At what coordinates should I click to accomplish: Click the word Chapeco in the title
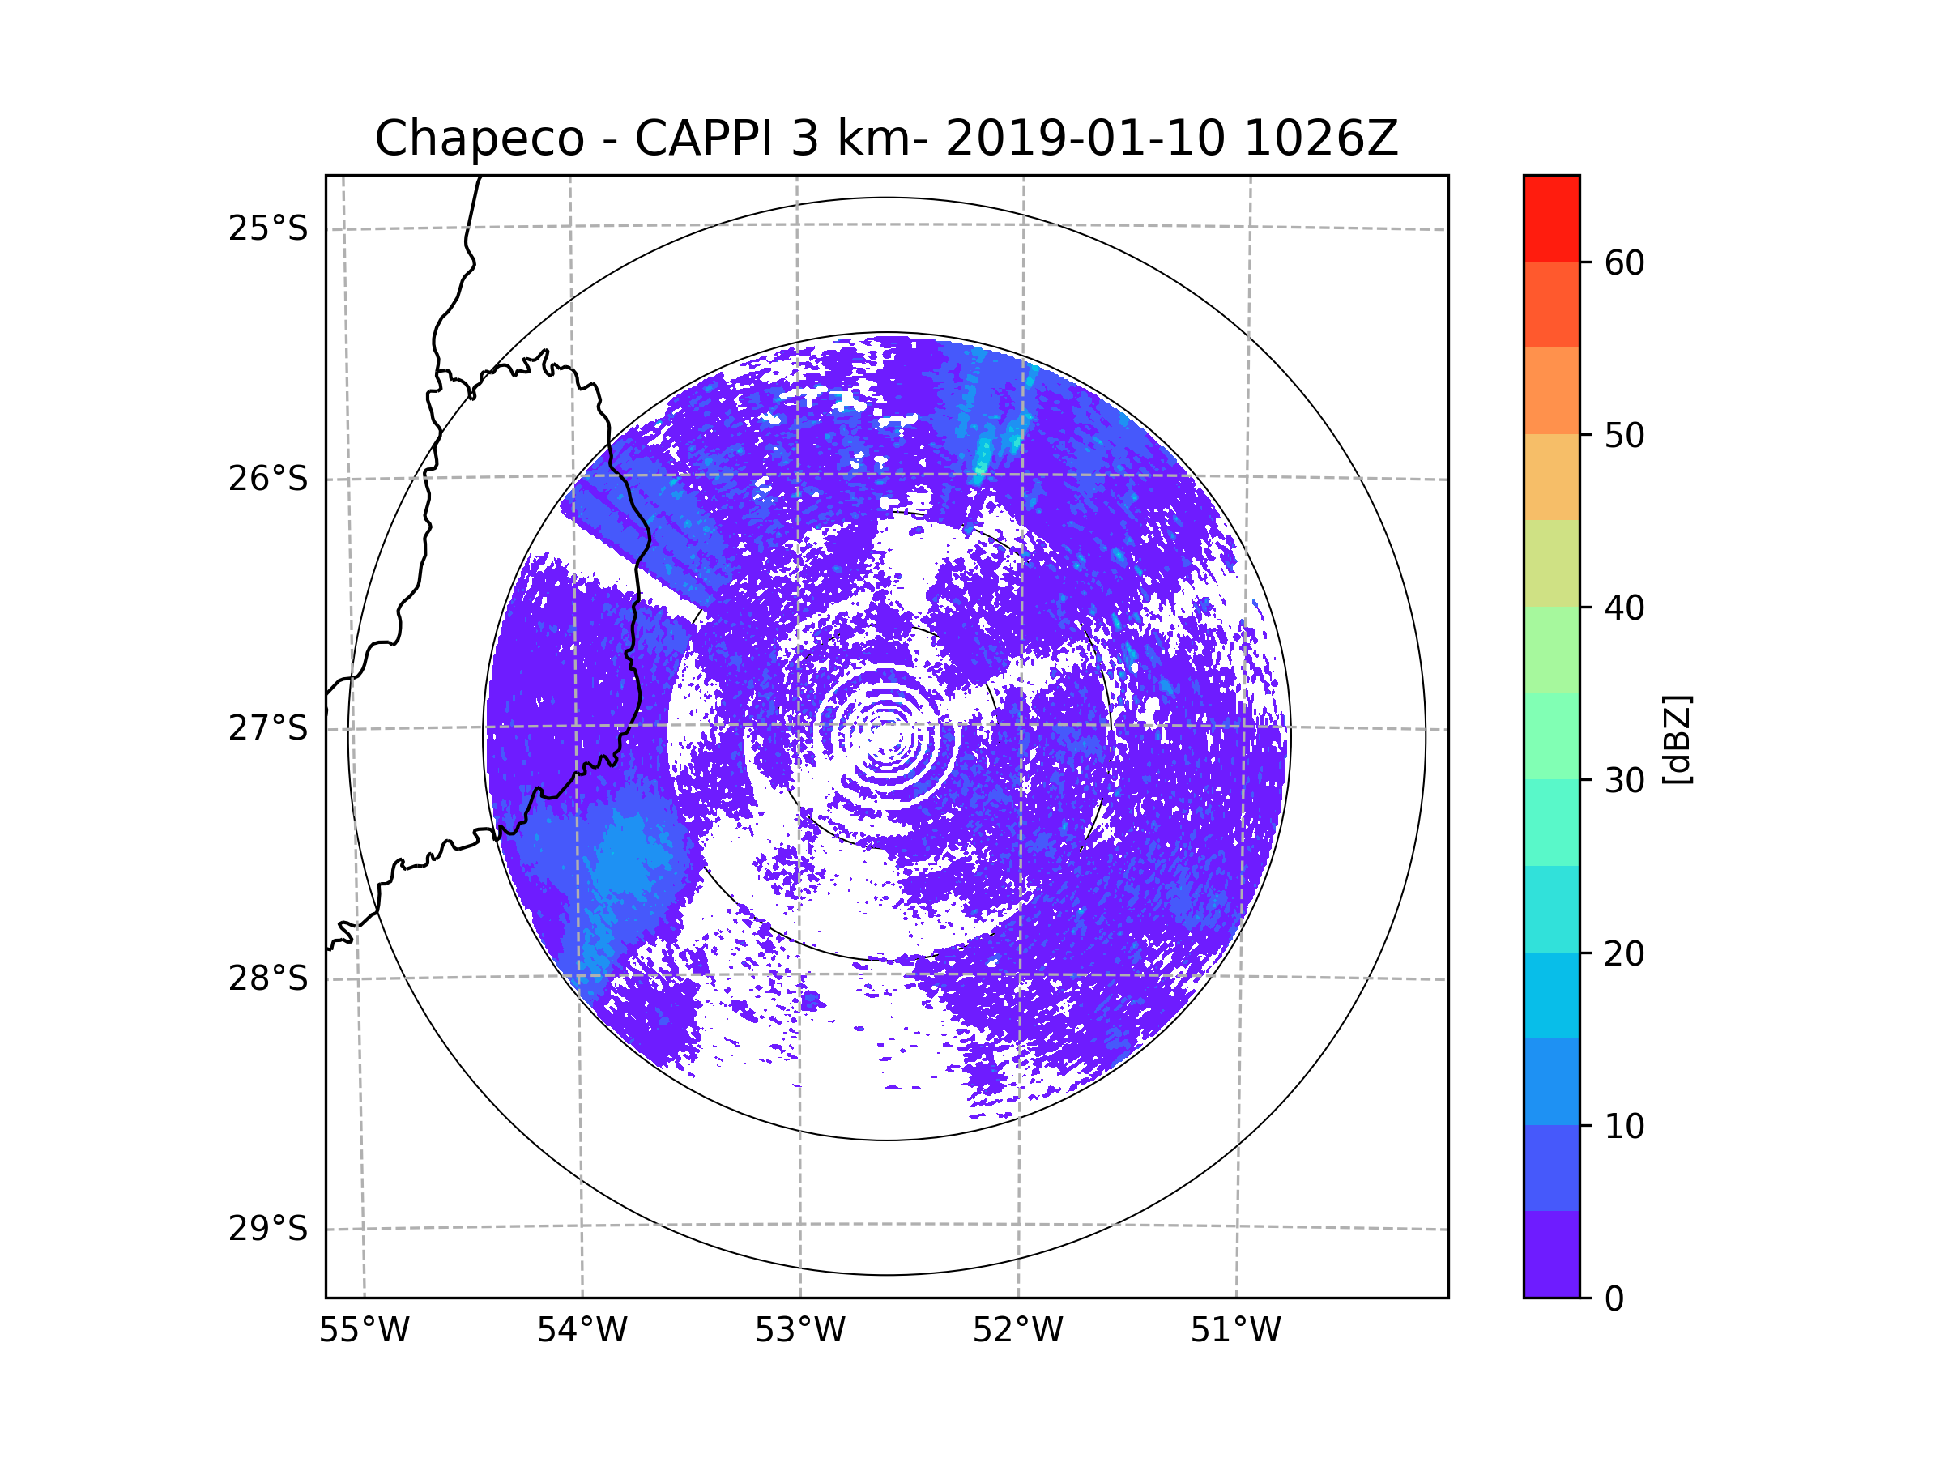480,139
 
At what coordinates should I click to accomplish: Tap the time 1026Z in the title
1321,139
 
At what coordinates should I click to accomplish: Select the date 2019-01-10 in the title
1085,139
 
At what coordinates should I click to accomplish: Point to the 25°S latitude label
268,228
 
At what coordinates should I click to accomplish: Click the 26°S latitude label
268,479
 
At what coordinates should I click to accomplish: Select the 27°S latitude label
268,728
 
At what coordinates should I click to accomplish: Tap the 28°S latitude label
268,978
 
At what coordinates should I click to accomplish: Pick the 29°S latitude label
268,1229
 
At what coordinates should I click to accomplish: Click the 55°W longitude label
364,1331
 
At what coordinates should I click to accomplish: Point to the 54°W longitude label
582,1331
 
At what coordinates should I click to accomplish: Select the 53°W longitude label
799,1331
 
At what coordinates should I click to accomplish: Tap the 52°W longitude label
1017,1331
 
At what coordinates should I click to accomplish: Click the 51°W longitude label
1235,1331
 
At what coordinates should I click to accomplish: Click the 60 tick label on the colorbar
1624,262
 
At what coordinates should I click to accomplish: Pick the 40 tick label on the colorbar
1624,608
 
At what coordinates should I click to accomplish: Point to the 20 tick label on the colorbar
1624,953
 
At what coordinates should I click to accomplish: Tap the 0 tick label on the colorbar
1614,1299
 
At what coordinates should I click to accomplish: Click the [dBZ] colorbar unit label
1677,740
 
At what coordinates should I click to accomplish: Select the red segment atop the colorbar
1551,218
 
